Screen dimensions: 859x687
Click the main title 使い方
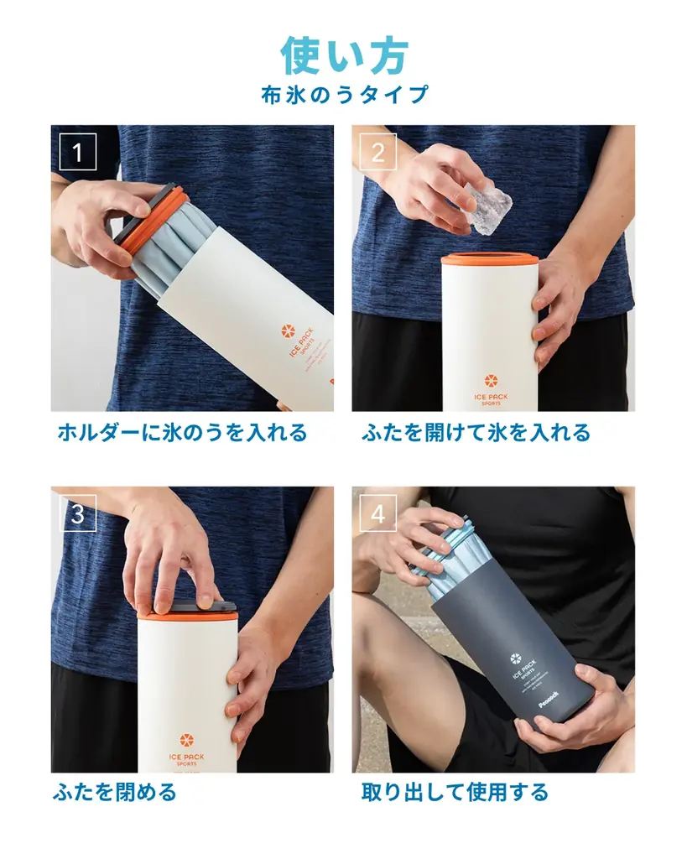tap(344, 55)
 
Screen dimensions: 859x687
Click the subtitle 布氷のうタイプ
tap(344, 94)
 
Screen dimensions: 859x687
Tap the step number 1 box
tap(78, 152)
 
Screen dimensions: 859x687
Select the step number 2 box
tap(377, 152)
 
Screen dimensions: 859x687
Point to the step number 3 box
tap(78, 513)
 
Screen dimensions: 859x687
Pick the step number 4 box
tap(377, 513)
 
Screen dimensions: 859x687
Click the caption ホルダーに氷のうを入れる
tap(182, 433)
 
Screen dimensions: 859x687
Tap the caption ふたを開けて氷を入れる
tap(476, 433)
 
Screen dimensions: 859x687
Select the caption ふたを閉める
tap(115, 792)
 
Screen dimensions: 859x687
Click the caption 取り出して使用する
tap(455, 792)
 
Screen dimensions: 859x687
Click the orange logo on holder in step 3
tap(187, 742)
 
